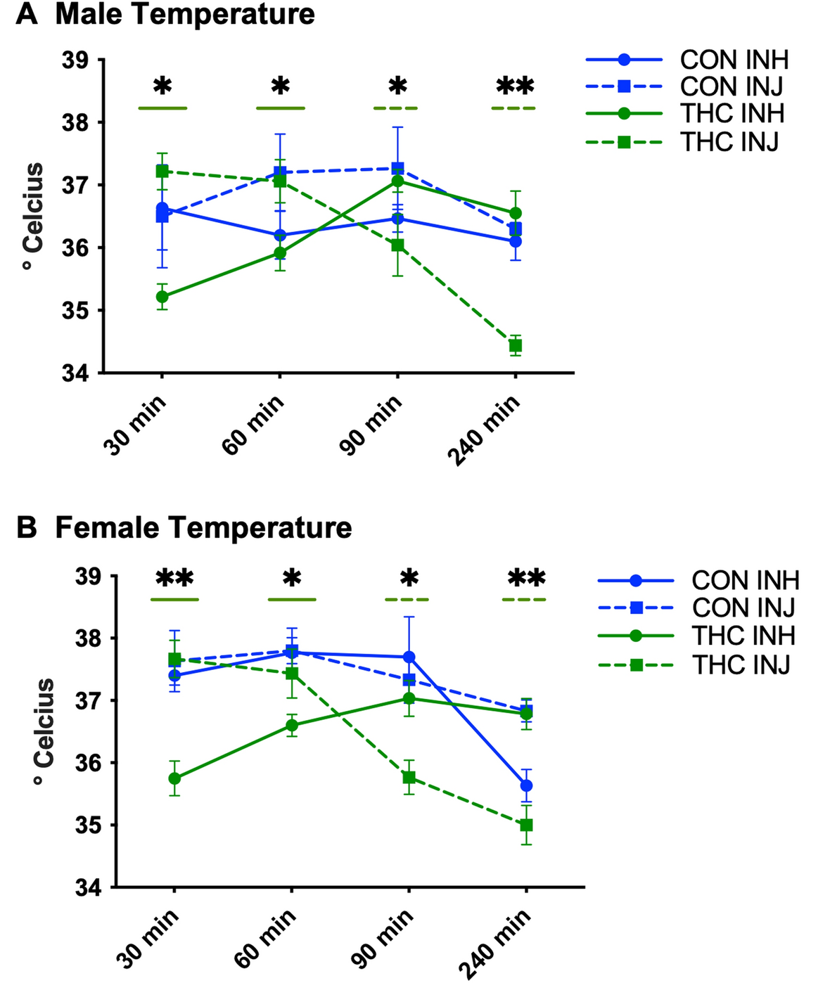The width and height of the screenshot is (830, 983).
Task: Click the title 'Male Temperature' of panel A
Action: (x=184, y=14)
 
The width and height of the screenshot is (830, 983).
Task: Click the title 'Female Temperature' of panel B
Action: (x=203, y=527)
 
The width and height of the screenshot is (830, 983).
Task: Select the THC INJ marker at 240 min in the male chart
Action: (x=515, y=345)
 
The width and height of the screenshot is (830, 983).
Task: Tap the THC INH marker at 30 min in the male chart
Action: (x=162, y=296)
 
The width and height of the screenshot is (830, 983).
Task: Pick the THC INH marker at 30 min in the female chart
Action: (x=174, y=778)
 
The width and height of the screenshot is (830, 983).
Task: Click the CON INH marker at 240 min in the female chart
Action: (x=526, y=785)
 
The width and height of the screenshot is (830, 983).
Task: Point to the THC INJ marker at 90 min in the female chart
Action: (x=409, y=778)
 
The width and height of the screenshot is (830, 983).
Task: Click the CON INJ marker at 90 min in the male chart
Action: (x=397, y=169)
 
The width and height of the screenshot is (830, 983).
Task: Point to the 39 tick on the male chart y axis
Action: (x=78, y=60)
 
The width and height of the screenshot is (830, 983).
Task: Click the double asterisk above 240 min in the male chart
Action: (x=515, y=87)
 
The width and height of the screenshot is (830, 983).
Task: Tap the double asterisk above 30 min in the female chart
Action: (x=174, y=579)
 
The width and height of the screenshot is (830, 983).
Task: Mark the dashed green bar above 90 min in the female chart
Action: (x=407, y=600)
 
